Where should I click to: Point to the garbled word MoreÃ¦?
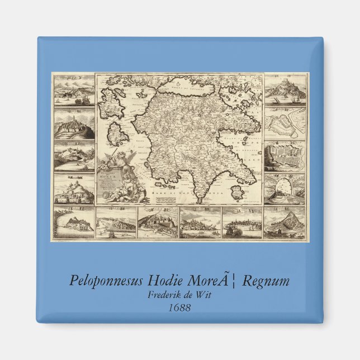(x=218, y=281)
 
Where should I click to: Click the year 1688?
(x=179, y=307)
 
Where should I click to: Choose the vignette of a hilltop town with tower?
(x=73, y=124)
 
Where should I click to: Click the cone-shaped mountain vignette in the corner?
(x=285, y=224)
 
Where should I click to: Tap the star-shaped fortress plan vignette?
(x=285, y=124)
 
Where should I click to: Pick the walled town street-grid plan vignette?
(x=285, y=157)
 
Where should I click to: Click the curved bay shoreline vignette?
(x=73, y=224)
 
